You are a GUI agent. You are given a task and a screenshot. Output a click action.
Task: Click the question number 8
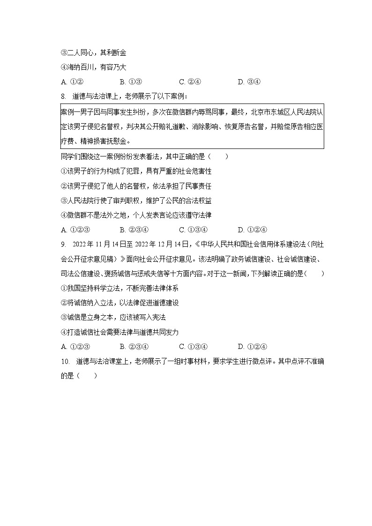pyautogui.click(x=64, y=96)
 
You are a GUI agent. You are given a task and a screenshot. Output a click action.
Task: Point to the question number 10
pyautogui.click(x=65, y=361)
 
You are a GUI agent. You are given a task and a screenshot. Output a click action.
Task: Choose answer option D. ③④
pyautogui.click(x=249, y=82)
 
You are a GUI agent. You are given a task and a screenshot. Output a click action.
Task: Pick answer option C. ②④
pyautogui.click(x=190, y=82)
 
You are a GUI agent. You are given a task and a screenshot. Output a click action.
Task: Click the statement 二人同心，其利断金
pyautogui.click(x=94, y=53)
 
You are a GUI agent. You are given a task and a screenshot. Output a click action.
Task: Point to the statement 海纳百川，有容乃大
pyautogui.click(x=94, y=67)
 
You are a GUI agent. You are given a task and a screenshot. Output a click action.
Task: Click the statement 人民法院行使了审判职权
pyautogui.click(x=106, y=200)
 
